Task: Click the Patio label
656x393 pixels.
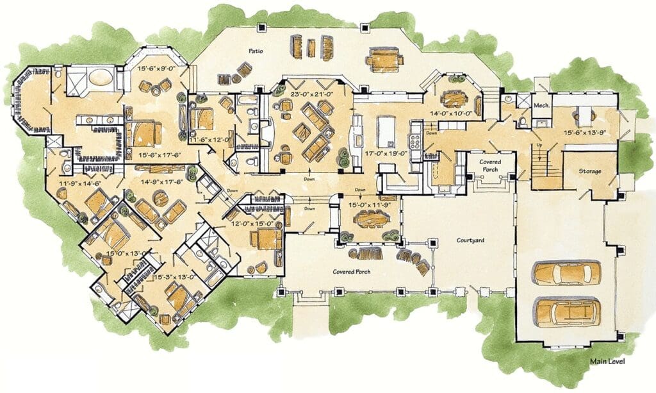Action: click(x=256, y=51)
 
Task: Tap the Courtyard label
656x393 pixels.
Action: click(x=470, y=240)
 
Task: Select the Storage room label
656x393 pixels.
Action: click(x=590, y=171)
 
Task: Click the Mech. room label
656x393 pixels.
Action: click(x=541, y=106)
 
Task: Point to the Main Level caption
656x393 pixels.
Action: click(x=607, y=361)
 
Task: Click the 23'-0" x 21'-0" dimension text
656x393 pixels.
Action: click(x=311, y=95)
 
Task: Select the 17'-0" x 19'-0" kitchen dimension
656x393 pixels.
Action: click(x=386, y=153)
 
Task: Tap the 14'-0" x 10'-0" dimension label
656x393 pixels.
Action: click(x=451, y=113)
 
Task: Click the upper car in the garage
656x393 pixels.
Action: click(x=568, y=273)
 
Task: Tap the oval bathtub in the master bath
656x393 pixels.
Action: click(x=101, y=78)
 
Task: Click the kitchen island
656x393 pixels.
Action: click(x=385, y=131)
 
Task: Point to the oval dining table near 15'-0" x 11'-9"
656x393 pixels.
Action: click(x=370, y=219)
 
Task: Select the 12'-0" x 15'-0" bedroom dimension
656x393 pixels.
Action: click(x=252, y=224)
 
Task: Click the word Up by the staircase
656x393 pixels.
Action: click(x=539, y=145)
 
